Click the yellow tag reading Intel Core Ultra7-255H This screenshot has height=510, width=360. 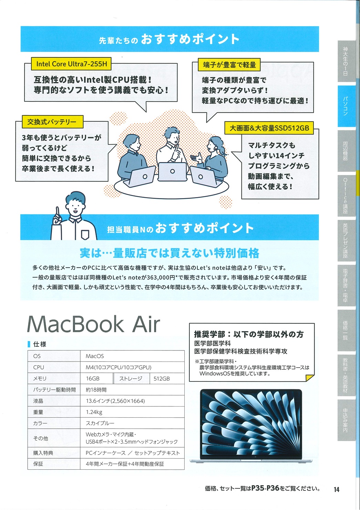coord(71,64)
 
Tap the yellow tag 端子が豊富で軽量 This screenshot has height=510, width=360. coord(229,65)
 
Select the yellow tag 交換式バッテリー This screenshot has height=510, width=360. coord(53,122)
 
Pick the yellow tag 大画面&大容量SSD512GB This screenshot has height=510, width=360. coord(269,128)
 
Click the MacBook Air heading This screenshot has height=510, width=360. coord(93,324)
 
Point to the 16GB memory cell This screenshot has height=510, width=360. coord(97,378)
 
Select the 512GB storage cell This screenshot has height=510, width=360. coord(167,378)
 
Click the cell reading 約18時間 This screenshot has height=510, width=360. coord(132,389)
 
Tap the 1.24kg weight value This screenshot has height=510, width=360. coord(94,412)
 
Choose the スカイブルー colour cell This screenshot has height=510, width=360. coord(132,423)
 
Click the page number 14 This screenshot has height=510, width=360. coord(337,489)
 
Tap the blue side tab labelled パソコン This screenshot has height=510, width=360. coord(346,106)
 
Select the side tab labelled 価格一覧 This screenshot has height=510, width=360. coord(346,330)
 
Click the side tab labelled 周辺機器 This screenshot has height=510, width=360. coord(346,151)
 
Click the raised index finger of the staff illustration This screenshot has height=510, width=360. coord(58,212)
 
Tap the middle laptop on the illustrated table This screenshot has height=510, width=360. coord(172,172)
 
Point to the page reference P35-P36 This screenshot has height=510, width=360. coord(265,488)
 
